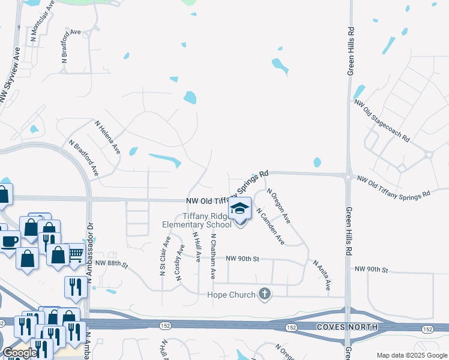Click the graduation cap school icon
pos(240,209)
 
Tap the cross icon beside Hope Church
pos(264,294)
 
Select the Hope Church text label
pos(231,295)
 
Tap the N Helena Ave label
pos(107,137)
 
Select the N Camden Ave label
pos(270,227)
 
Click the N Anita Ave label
pos(321,275)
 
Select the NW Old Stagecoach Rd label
pos(382,121)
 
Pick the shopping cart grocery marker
pos(75,254)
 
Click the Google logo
pos(19,353)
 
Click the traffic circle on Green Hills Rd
pos(348,176)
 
